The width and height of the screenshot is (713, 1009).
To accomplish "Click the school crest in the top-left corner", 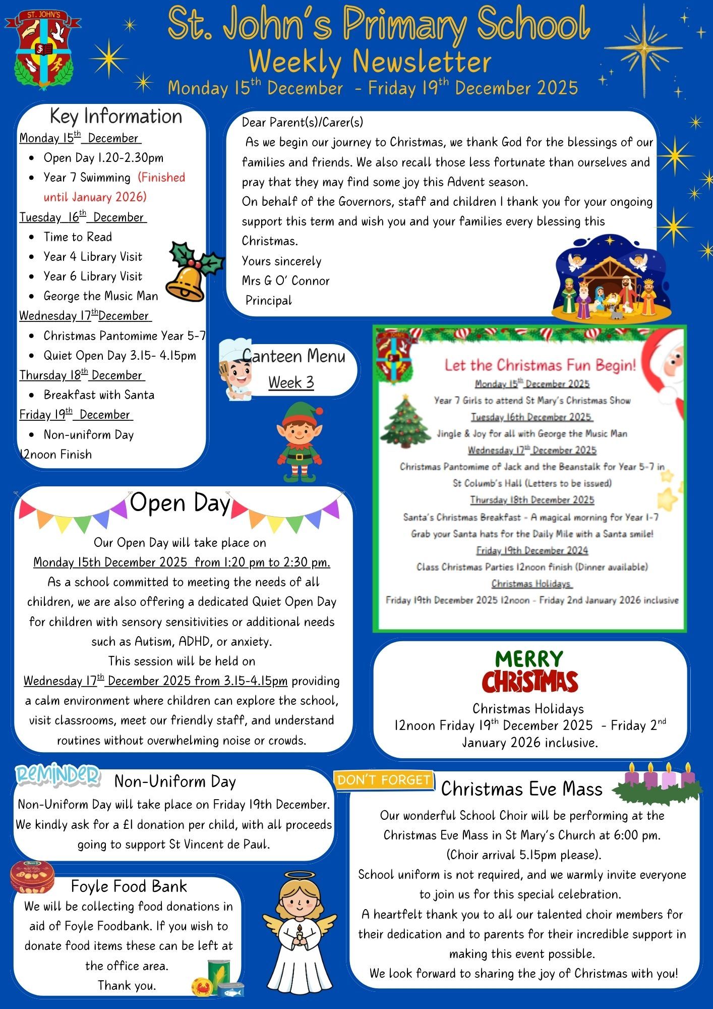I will tap(43, 49).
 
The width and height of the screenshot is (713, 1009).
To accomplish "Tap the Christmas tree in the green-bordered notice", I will tap(405, 422).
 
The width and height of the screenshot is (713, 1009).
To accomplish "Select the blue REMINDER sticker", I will tap(57, 775).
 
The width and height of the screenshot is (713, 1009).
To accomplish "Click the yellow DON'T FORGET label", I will tap(383, 780).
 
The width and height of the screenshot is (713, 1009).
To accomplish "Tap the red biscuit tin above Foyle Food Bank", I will tap(32, 877).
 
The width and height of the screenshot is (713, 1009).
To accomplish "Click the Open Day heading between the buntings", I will tap(180, 503).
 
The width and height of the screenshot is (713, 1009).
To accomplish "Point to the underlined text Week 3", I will tap(291, 382).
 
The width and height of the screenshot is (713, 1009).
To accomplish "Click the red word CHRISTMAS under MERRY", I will tap(529, 682).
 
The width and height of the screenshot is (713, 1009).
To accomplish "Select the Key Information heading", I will tap(116, 117).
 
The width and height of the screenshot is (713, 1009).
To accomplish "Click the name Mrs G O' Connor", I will tap(285, 281).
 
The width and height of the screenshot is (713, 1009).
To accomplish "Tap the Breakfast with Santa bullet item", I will tap(99, 395).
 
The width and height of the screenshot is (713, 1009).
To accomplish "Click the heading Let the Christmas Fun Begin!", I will tap(540, 365).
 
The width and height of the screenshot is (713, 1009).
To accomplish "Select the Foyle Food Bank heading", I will tap(129, 886).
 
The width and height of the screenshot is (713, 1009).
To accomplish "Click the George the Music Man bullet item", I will tap(101, 296).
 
